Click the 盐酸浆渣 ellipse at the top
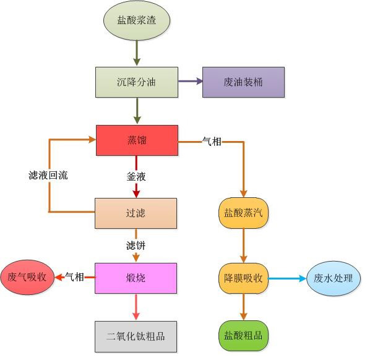pos(137,20)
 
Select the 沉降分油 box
pos(137,82)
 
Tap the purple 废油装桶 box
pos(243,82)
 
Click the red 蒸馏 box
pos(137,140)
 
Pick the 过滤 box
pos(136,213)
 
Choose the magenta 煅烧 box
pos(136,278)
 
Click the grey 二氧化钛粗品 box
pos(136,336)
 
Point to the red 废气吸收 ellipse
pos(27,278)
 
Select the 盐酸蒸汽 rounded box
pos(243,213)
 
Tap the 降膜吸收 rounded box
pos(243,278)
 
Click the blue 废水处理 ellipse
pos(334,278)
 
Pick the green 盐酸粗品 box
pos(243,336)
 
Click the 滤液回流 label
pos(48,176)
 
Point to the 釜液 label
pos(136,177)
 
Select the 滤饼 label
pos(136,246)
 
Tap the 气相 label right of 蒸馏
pos(212,142)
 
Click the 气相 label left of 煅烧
pos(74,277)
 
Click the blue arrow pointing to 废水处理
pos(287,278)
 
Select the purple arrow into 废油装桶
pos(190,82)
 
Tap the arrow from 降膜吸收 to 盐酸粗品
pos(243,307)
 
